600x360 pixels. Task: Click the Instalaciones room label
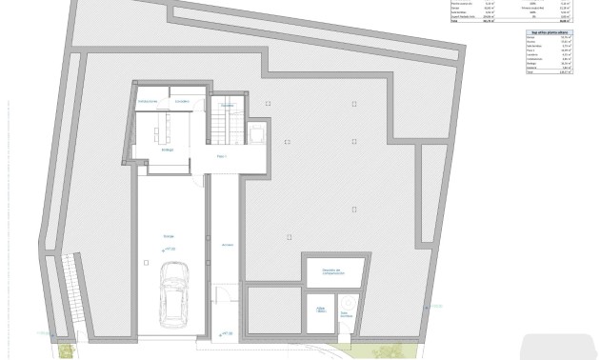147,100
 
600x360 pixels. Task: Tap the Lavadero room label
182,100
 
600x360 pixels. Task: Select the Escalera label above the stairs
227,105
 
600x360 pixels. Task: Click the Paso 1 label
223,155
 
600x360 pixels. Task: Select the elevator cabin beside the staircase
258,134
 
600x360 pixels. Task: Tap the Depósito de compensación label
333,270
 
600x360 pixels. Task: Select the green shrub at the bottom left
63,350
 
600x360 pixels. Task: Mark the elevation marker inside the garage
170,250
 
